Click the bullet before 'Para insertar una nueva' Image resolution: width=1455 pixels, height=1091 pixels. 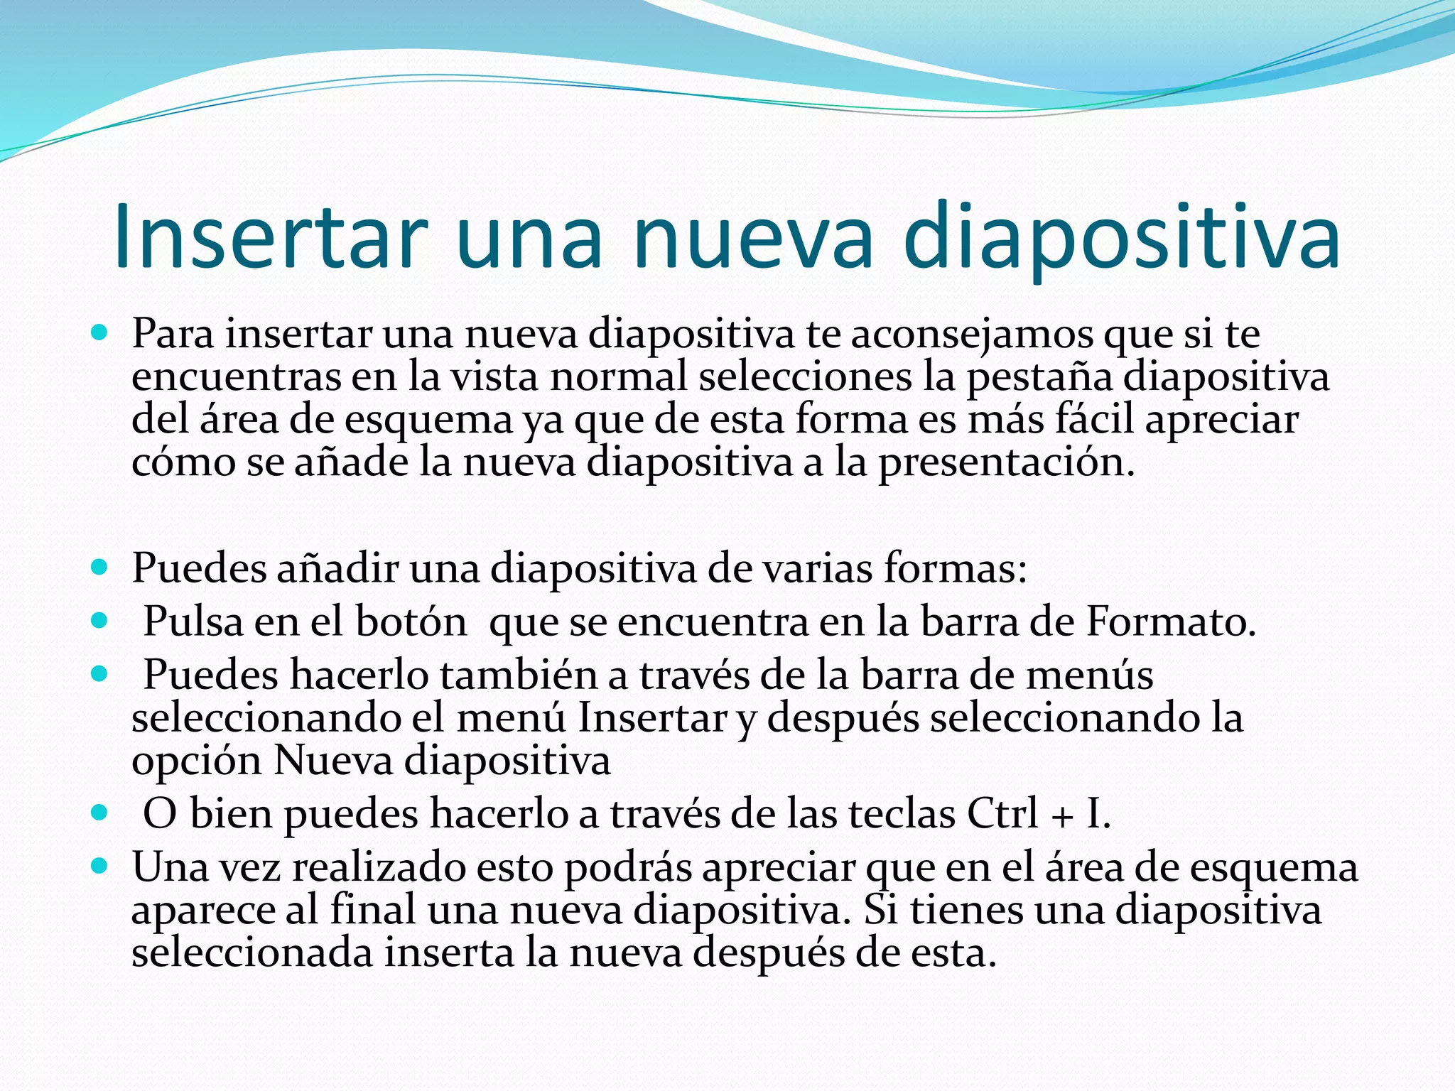pos(99,332)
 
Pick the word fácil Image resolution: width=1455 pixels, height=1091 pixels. pos(1094,419)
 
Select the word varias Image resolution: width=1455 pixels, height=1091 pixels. pos(806,568)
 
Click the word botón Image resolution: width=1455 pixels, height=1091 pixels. pos(411,622)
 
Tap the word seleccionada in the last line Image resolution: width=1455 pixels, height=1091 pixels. pos(252,953)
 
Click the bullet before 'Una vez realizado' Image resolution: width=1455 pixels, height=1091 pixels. pos(99,866)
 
